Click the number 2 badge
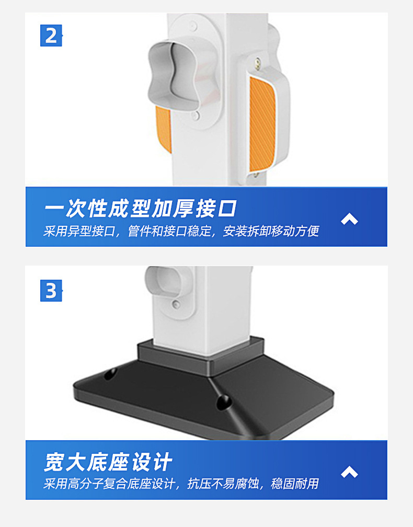click(51, 36)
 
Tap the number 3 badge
click(51, 291)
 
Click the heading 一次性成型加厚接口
click(140, 209)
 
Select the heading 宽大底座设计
click(108, 463)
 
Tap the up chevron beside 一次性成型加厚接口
click(349, 219)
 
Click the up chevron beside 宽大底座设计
click(349, 472)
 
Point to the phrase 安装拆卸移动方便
click(271, 231)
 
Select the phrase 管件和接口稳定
click(169, 231)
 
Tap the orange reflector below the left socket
click(164, 128)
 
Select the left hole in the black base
click(110, 374)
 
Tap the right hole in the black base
click(223, 402)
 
